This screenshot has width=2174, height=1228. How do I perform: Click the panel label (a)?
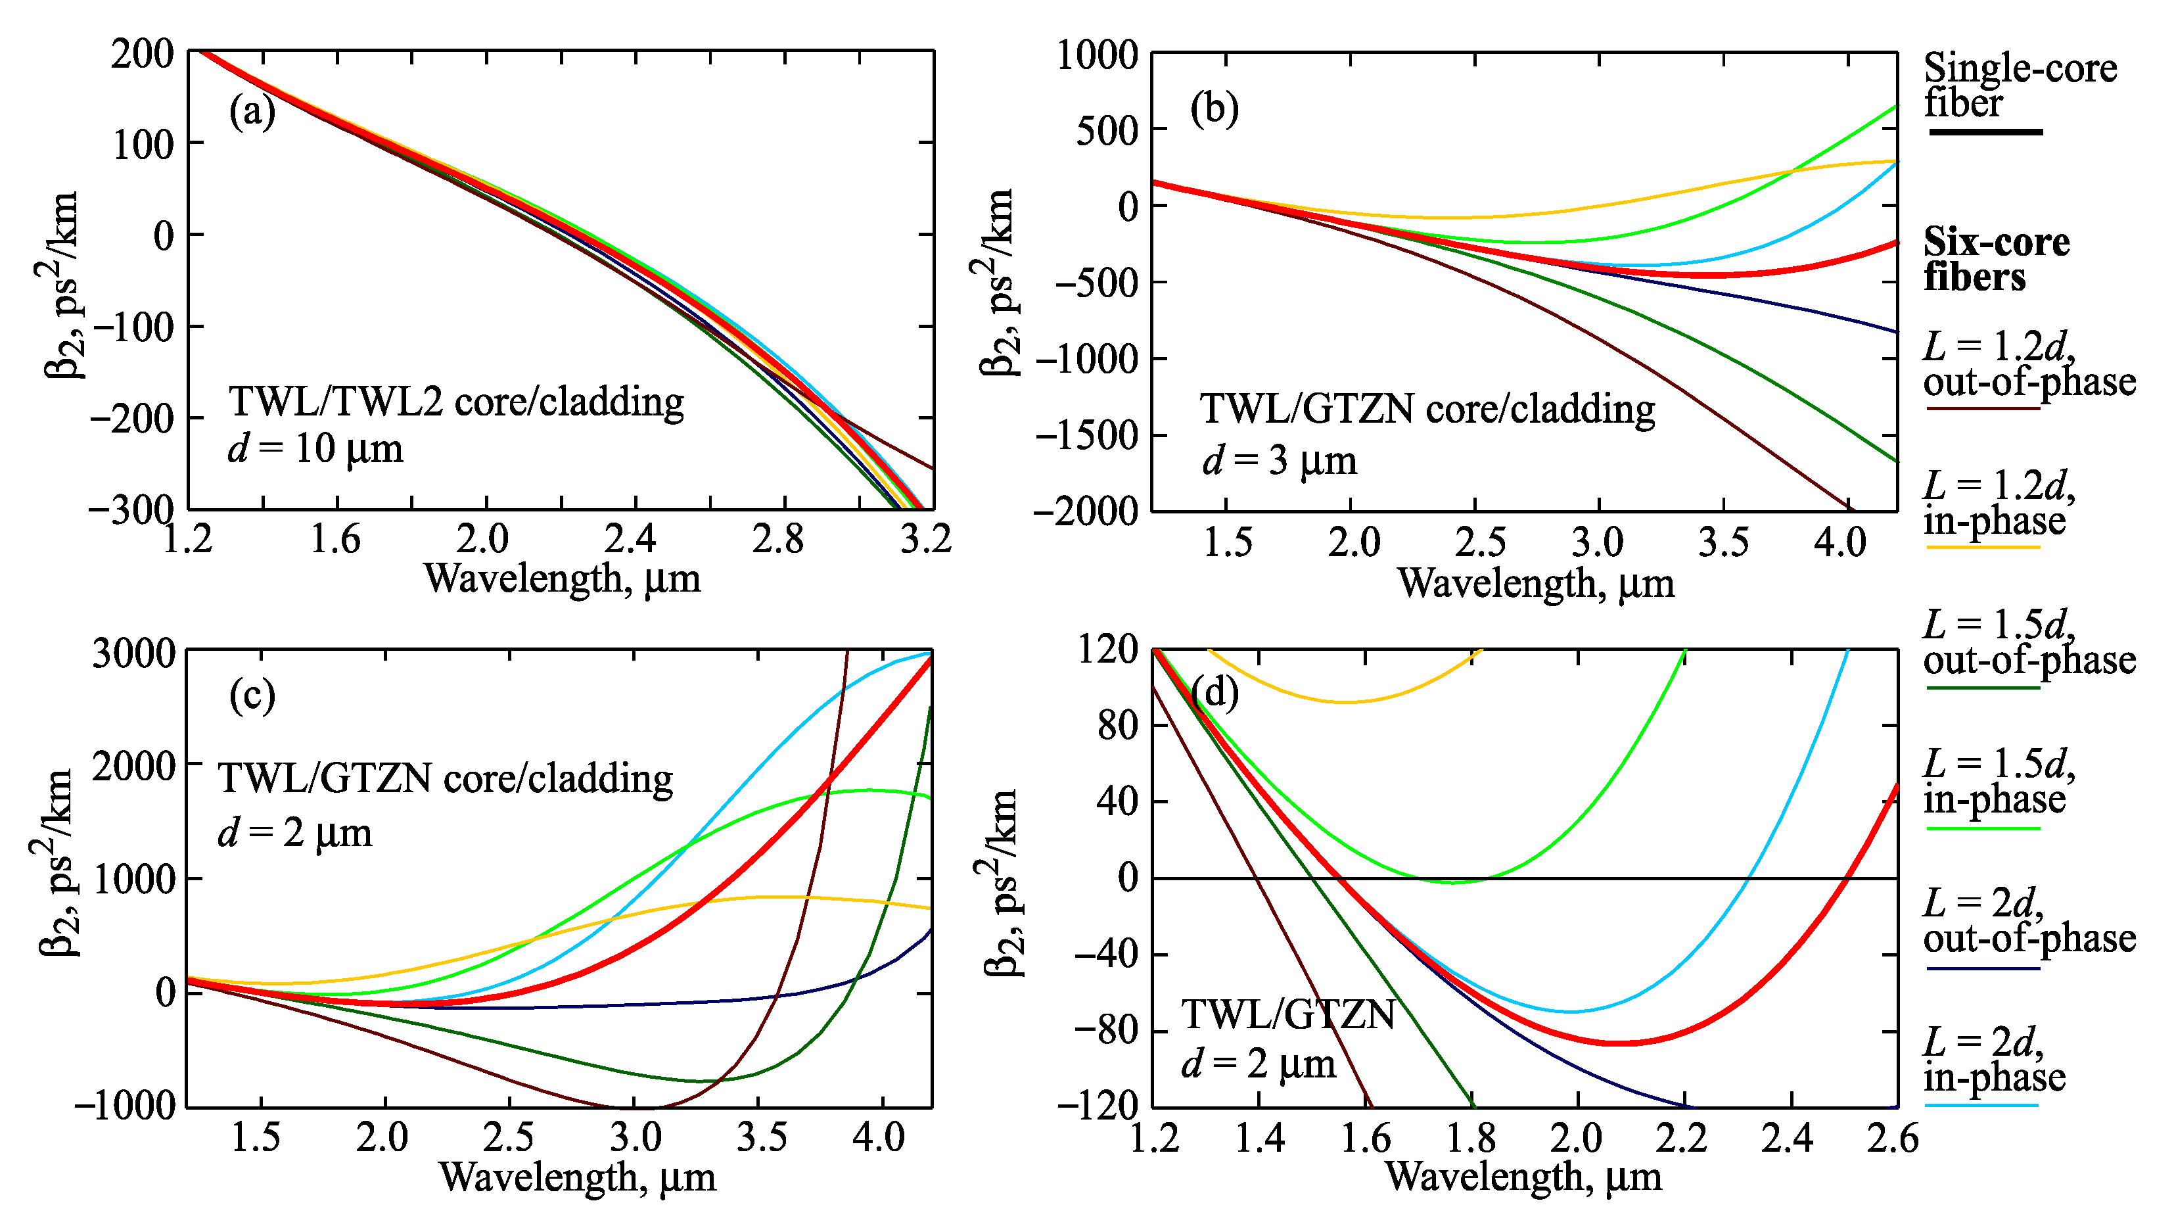[252, 111]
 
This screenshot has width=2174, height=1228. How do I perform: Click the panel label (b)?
[1214, 108]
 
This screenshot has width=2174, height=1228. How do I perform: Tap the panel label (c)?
[252, 696]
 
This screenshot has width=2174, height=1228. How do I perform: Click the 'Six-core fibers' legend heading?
[1996, 259]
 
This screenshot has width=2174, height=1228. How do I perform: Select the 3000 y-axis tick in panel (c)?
[133, 654]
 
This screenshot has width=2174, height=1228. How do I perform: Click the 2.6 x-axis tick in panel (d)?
[1892, 1139]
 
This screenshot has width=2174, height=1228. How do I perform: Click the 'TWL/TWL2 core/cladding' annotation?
[455, 402]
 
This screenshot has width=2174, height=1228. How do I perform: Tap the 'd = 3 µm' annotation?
[1280, 461]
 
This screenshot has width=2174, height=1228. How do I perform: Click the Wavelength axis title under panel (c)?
[577, 1177]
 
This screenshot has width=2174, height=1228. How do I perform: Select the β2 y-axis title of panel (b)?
[998, 283]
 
